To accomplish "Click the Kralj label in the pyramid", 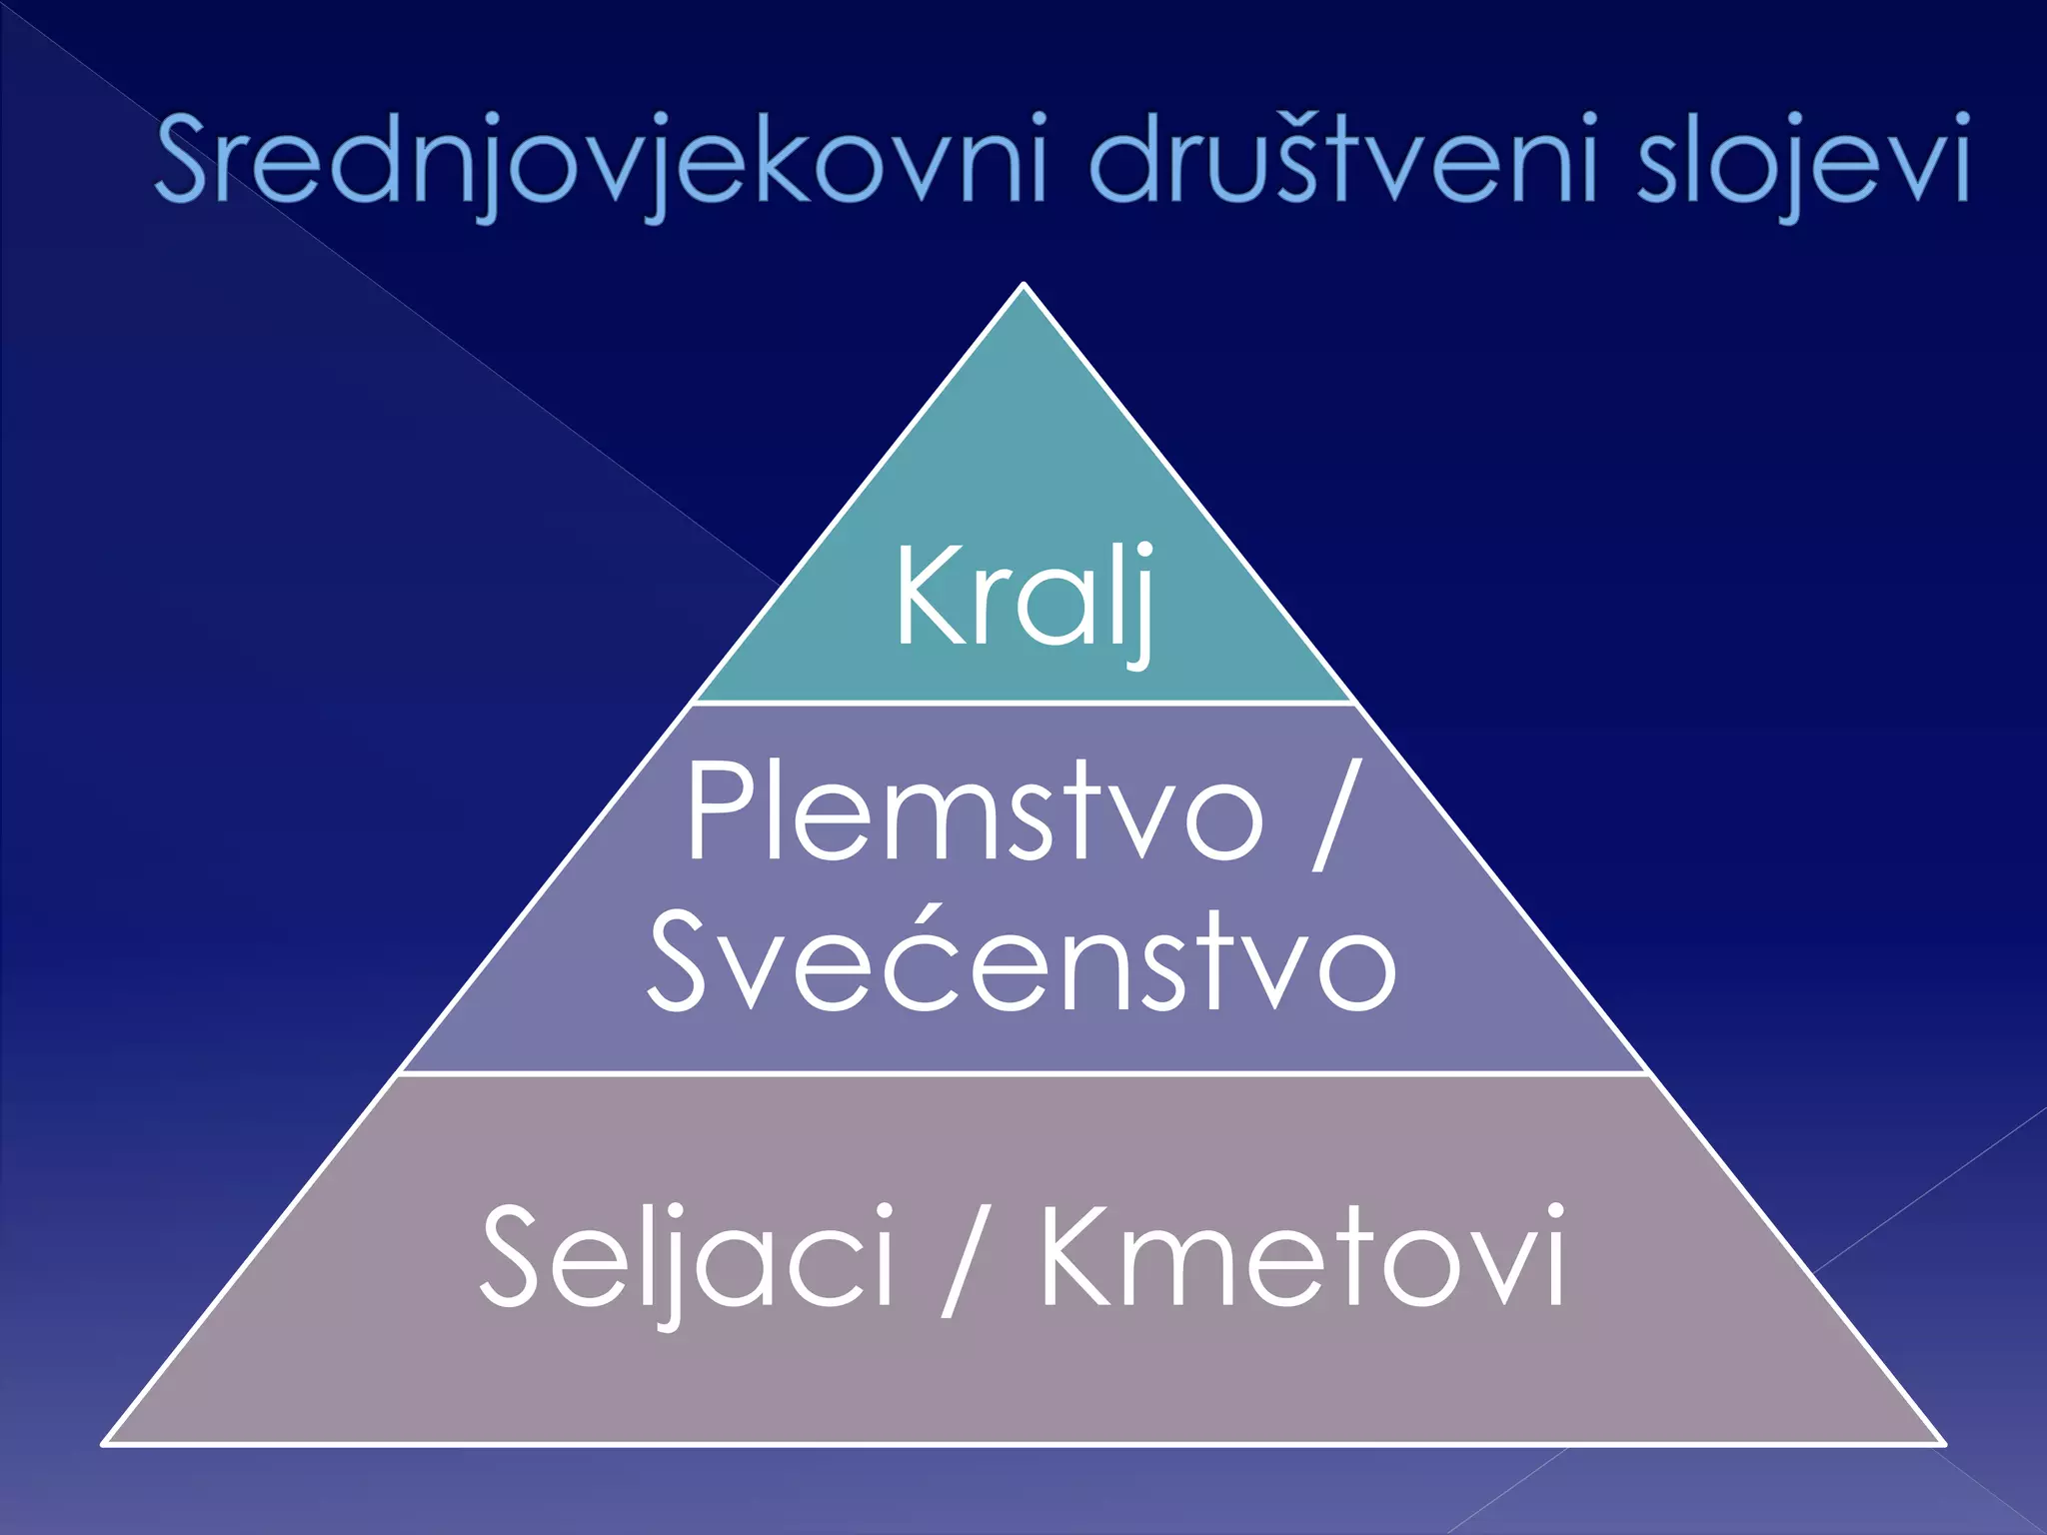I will coord(1024,600).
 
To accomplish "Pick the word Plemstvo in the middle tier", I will coord(975,811).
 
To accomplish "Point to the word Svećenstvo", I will coord(1022,961).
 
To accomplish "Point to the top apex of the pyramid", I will coord(1023,286).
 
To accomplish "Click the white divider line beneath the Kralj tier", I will coord(1023,704).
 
